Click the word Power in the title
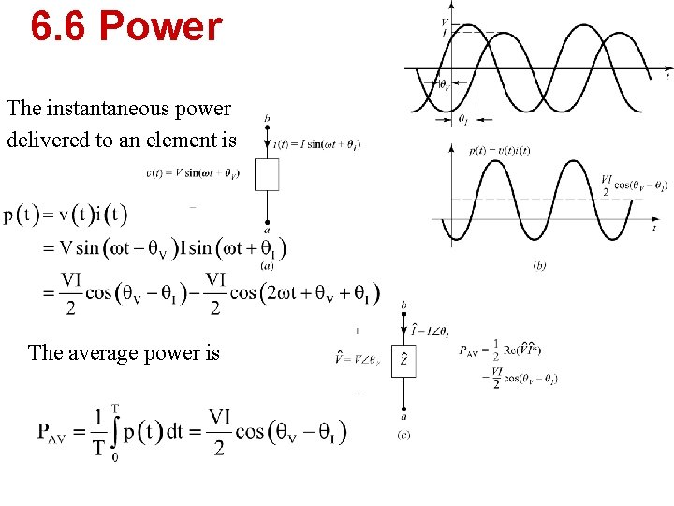[x=160, y=26]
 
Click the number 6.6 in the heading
[x=59, y=26]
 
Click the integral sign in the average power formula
[x=114, y=431]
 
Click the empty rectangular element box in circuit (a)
[x=268, y=174]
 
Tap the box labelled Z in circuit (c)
[x=403, y=360]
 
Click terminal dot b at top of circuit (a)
[x=268, y=127]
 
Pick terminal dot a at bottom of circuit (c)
[x=403, y=410]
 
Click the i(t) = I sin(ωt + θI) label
[x=317, y=144]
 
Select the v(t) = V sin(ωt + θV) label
[x=192, y=173]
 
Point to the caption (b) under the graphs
[x=540, y=265]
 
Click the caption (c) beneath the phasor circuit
[x=403, y=434]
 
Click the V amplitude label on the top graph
[x=444, y=21]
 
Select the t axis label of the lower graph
[x=653, y=228]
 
